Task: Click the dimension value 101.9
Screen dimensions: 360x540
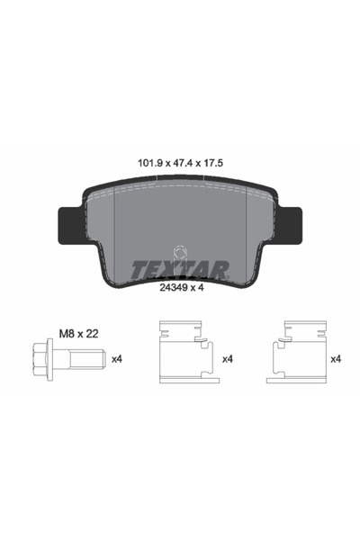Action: pyautogui.click(x=150, y=163)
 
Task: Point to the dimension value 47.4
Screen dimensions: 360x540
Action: pyautogui.click(x=182, y=163)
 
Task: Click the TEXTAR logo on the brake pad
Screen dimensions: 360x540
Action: pyautogui.click(x=179, y=270)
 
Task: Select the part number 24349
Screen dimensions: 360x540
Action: pyautogui.click(x=173, y=288)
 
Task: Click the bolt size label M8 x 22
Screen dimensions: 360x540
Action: pyautogui.click(x=79, y=334)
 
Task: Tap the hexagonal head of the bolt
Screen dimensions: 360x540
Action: pyautogui.click(x=40, y=359)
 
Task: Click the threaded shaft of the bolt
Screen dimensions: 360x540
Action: pyautogui.click(x=85, y=359)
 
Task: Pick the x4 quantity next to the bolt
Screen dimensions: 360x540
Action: pyautogui.click(x=117, y=359)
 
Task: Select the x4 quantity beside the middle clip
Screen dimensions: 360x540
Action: pyautogui.click(x=228, y=359)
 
